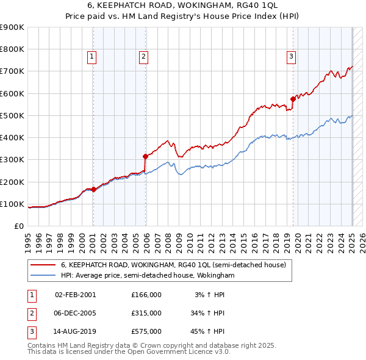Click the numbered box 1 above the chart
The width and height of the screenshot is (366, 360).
(x=91, y=57)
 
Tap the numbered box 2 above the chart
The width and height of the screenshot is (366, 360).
(x=143, y=57)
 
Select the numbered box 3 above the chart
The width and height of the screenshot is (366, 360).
(x=291, y=57)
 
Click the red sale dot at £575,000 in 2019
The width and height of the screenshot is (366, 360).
(x=293, y=98)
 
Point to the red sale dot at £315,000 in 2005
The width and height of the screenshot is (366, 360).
(x=146, y=156)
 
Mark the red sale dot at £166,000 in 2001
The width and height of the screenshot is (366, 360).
(x=93, y=189)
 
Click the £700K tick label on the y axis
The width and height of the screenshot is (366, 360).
(x=12, y=71)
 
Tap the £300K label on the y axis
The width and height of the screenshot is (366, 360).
(x=12, y=160)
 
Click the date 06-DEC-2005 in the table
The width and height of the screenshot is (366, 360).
(x=75, y=313)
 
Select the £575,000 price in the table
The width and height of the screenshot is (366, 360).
(x=146, y=331)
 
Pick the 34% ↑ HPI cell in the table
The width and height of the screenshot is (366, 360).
(x=207, y=313)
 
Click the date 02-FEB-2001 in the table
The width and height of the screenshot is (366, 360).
(x=75, y=295)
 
